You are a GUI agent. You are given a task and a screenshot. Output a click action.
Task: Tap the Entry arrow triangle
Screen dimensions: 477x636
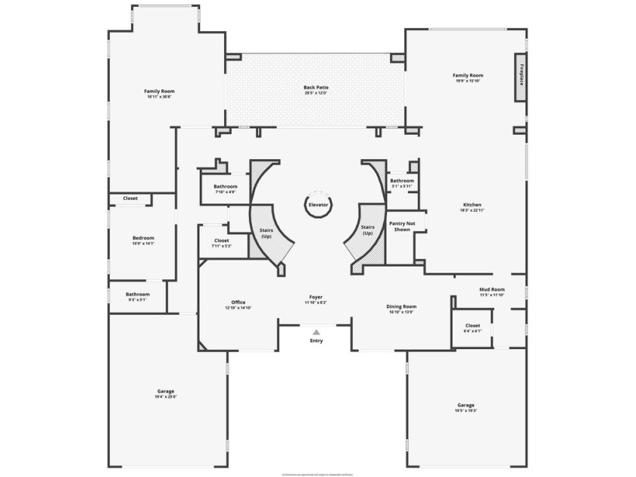coord(316,332)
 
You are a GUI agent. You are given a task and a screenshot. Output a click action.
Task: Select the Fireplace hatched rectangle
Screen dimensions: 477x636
coord(521,77)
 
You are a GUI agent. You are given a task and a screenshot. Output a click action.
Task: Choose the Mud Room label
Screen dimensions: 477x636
coord(491,289)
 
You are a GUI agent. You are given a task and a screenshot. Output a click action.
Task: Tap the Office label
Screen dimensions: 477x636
coord(238,303)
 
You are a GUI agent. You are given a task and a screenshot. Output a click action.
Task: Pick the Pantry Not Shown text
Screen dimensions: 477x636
coord(402,226)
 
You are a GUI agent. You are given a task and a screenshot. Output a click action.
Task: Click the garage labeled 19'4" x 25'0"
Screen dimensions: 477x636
coord(166,394)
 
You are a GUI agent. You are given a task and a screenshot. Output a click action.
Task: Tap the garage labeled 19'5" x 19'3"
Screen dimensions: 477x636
coord(466,407)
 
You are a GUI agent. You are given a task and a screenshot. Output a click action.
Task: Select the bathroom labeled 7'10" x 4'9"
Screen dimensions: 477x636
coord(225,189)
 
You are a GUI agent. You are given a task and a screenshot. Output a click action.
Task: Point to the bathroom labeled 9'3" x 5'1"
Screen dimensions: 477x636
coord(137,297)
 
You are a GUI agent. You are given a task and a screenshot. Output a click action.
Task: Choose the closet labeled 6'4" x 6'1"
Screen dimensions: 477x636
coord(472,328)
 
